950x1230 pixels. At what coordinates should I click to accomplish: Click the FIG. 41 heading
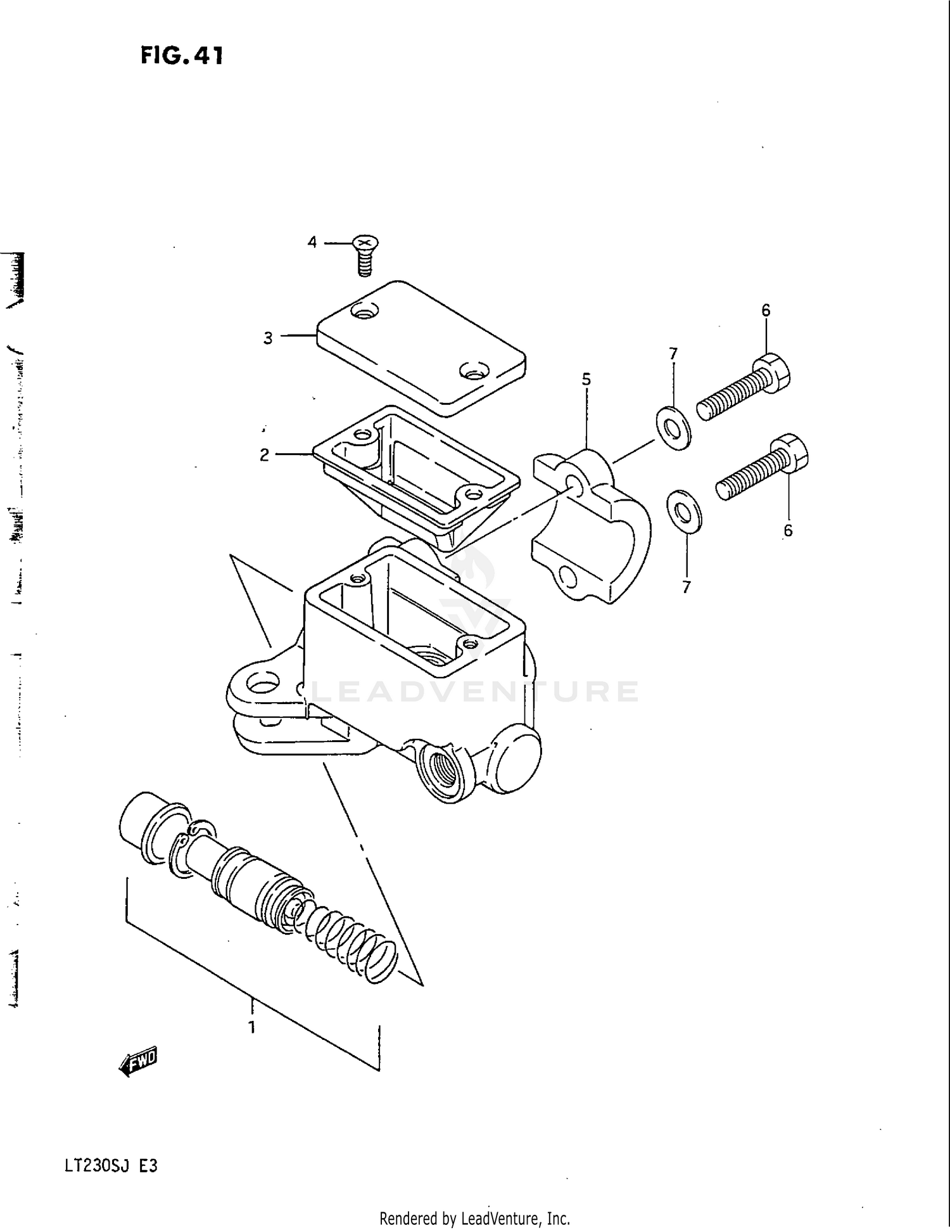coord(182,56)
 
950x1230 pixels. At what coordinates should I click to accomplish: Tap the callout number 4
coord(312,242)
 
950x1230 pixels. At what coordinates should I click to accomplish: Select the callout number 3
coord(268,338)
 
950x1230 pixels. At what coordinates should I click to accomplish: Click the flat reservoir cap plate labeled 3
coord(421,349)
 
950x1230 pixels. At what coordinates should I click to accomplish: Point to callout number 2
coord(264,455)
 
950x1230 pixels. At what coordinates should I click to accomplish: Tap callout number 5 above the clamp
coord(586,380)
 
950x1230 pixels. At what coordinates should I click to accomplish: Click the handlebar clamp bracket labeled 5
coord(592,526)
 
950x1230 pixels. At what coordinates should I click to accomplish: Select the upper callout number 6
coord(766,311)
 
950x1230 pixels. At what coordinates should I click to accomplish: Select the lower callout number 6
coord(787,531)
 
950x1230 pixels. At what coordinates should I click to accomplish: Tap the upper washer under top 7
coord(673,430)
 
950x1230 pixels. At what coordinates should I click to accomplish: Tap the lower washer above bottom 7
coord(685,511)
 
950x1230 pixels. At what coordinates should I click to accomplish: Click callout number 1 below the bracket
coord(251,1027)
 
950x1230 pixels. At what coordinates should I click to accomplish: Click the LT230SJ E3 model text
coord(110,1165)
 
